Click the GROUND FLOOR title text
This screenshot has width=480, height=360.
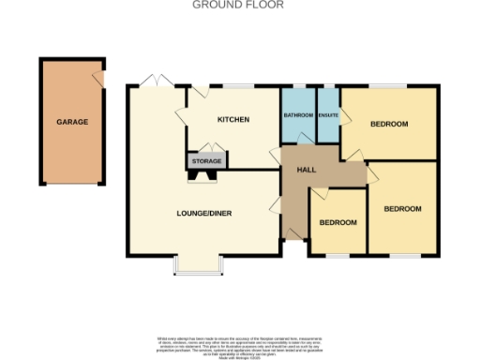coord(239,5)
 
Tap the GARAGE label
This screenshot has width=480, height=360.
coord(72,123)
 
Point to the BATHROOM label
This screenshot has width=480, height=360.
coord(298,115)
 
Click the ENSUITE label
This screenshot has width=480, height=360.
coord(328,115)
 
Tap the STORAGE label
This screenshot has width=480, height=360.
coord(206,161)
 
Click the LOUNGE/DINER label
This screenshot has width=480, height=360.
coord(203,214)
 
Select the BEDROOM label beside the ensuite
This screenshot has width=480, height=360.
coord(388,124)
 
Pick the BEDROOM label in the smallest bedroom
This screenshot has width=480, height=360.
coord(337,223)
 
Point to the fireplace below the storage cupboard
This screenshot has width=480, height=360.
coord(206,172)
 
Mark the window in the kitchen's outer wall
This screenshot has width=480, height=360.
coord(238,86)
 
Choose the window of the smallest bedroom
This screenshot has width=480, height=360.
coord(337,254)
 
